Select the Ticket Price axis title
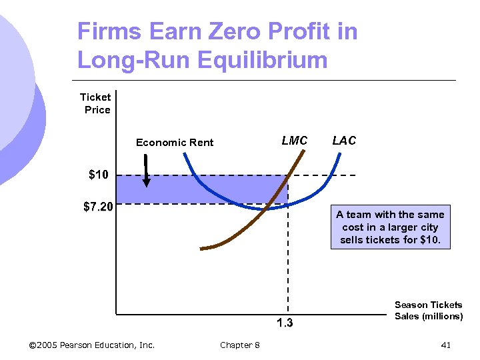(x=95, y=103)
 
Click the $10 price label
(x=98, y=175)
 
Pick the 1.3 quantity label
(x=285, y=324)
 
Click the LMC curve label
(x=295, y=141)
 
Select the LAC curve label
(x=344, y=141)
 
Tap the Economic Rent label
(x=175, y=142)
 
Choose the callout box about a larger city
(x=390, y=227)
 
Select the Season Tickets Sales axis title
(x=428, y=310)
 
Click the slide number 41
(x=446, y=345)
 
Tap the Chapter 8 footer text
(x=240, y=345)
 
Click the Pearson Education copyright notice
(x=92, y=345)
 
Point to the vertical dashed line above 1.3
(x=288, y=267)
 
